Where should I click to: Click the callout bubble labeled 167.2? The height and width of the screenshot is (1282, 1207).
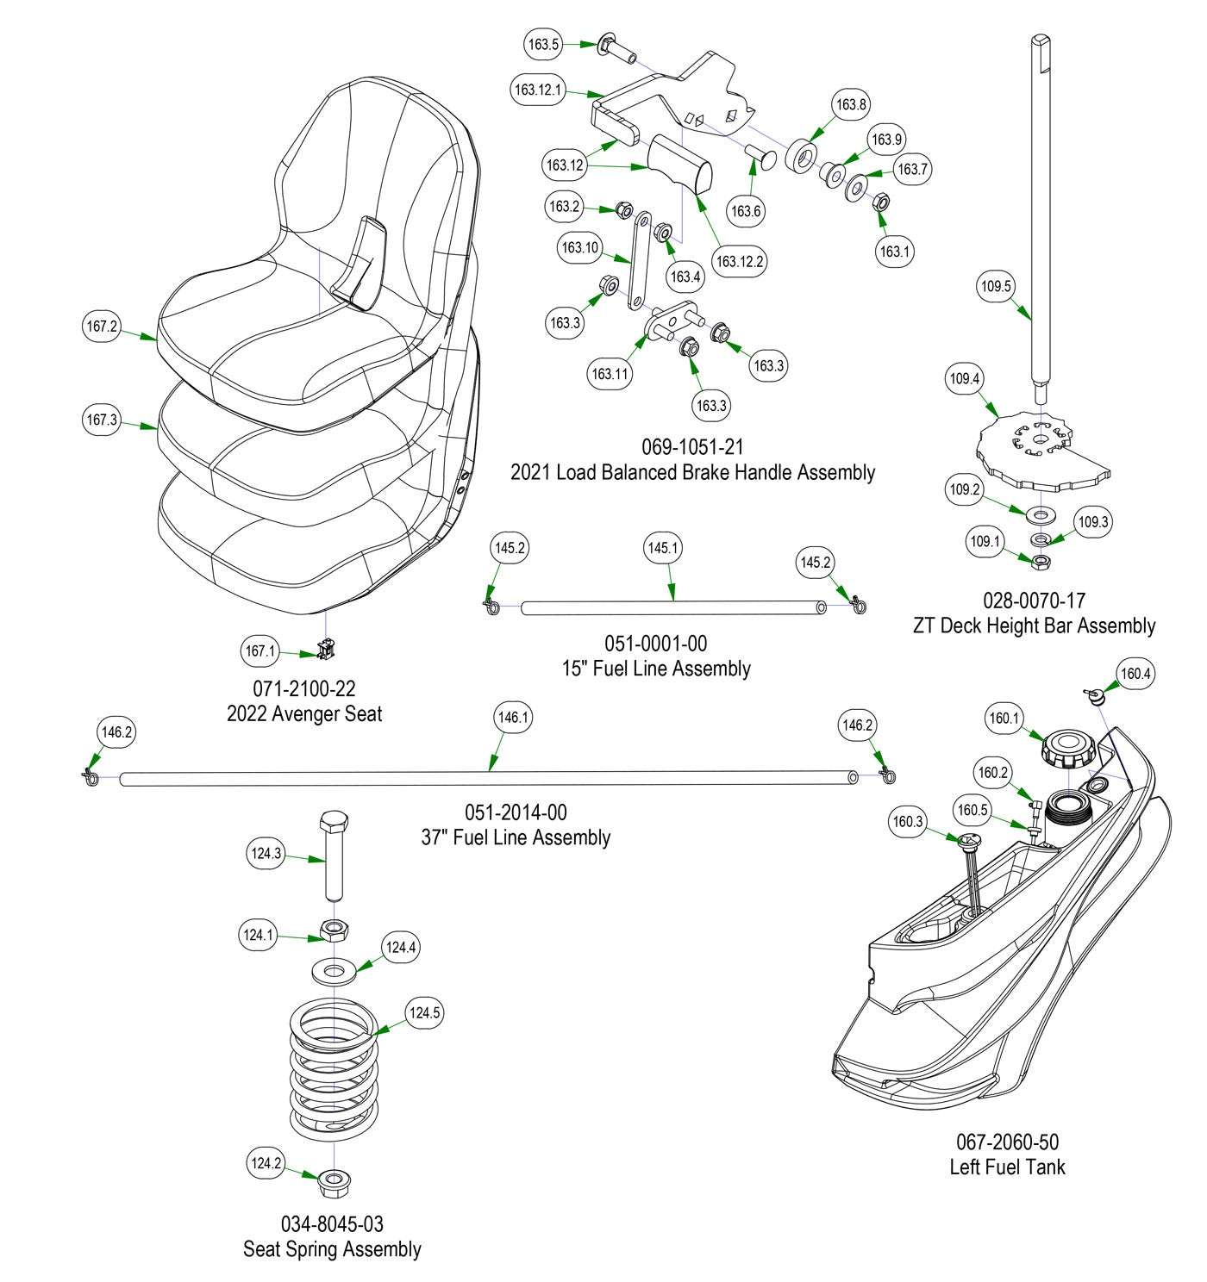click(x=102, y=327)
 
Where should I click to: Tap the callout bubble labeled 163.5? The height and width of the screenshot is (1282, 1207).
click(x=544, y=44)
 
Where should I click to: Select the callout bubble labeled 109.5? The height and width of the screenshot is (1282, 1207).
click(x=997, y=286)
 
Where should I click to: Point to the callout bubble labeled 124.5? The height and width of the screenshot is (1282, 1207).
click(x=424, y=1012)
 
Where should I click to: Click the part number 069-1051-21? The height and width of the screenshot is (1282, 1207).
click(x=691, y=448)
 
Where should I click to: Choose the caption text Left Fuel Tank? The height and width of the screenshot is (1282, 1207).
click(x=1007, y=1167)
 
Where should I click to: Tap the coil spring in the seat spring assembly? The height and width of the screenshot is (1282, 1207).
click(x=333, y=1068)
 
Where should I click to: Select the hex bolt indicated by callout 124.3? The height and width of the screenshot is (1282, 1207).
click(x=335, y=857)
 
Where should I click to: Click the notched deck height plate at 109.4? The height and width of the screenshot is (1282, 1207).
click(x=1035, y=446)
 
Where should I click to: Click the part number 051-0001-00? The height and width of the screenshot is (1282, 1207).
click(x=655, y=644)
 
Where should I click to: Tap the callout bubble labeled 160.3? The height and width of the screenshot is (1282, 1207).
click(x=908, y=822)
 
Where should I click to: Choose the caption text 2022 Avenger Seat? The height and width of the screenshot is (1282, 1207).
click(x=304, y=714)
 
